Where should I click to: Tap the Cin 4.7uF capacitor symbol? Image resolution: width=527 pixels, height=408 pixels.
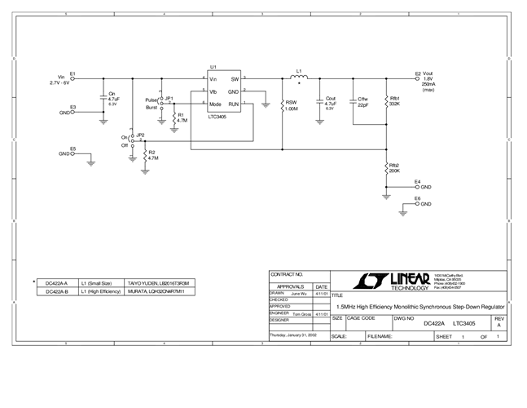point(103,99)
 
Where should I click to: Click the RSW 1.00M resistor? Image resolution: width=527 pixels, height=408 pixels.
point(282,104)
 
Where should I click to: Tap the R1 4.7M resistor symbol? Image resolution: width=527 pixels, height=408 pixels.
point(173,117)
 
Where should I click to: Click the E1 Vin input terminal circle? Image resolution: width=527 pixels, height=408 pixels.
point(72,78)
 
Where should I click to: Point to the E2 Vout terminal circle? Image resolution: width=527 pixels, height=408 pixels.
point(418,78)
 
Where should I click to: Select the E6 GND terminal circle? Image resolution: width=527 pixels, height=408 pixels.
point(417,203)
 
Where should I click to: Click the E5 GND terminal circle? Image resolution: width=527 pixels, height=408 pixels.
point(73,153)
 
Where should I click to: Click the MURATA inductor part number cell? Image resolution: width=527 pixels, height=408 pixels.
point(160,290)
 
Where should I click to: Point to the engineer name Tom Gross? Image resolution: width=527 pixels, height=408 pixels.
point(301,313)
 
